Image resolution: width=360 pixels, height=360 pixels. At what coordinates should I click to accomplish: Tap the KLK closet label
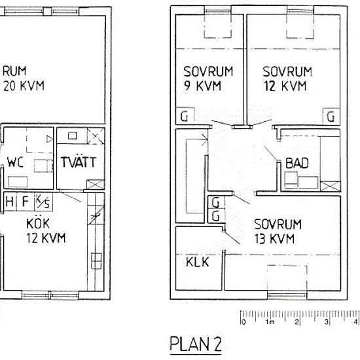click(x=198, y=263)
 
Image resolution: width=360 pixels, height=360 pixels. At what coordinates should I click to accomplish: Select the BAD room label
click(x=297, y=163)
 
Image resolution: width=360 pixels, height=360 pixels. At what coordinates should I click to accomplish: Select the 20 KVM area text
click(x=24, y=86)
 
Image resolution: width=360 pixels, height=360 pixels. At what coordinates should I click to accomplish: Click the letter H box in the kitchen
click(x=10, y=202)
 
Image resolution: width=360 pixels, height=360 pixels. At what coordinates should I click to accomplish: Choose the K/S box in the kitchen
click(x=41, y=202)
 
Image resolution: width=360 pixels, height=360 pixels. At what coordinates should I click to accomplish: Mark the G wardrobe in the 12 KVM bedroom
click(x=331, y=117)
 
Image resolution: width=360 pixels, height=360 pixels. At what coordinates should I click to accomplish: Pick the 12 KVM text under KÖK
click(x=46, y=238)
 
